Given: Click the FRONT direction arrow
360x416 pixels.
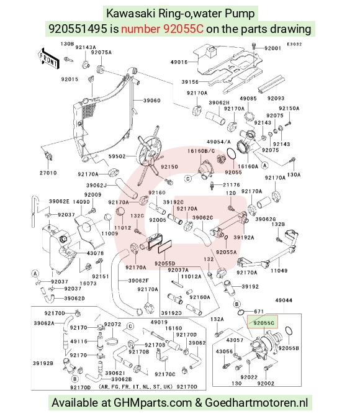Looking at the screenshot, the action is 48,58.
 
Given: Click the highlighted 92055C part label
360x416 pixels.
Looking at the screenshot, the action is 263,323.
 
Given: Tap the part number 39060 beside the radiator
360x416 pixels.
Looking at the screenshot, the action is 151,101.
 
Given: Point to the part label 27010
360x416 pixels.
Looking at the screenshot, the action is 48,173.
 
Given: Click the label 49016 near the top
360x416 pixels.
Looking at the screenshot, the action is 179,62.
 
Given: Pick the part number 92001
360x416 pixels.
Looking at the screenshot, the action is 272,48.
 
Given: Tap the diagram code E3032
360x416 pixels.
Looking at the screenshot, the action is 294,44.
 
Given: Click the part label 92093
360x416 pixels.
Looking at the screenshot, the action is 276,98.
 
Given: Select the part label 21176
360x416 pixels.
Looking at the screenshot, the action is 232,184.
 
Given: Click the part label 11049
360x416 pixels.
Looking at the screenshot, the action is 279,271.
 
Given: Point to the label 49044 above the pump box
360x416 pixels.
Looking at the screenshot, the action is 284,300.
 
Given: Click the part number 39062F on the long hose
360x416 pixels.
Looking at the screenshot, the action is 138,280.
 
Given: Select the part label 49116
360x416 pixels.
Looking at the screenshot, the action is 79,341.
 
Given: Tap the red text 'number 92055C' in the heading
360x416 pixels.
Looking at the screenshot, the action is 163,29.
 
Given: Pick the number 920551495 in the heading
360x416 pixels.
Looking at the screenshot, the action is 78,29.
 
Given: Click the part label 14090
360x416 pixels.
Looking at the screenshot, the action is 81,202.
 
